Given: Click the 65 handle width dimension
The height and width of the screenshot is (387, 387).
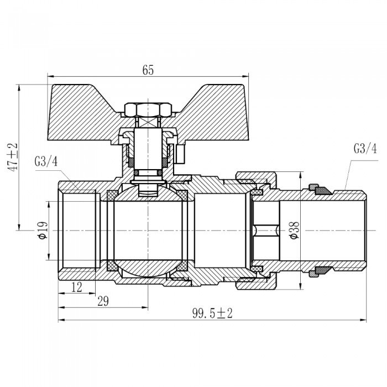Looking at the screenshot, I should pos(148,70).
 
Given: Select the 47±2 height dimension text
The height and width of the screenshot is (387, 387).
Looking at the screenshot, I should pos(12,157).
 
